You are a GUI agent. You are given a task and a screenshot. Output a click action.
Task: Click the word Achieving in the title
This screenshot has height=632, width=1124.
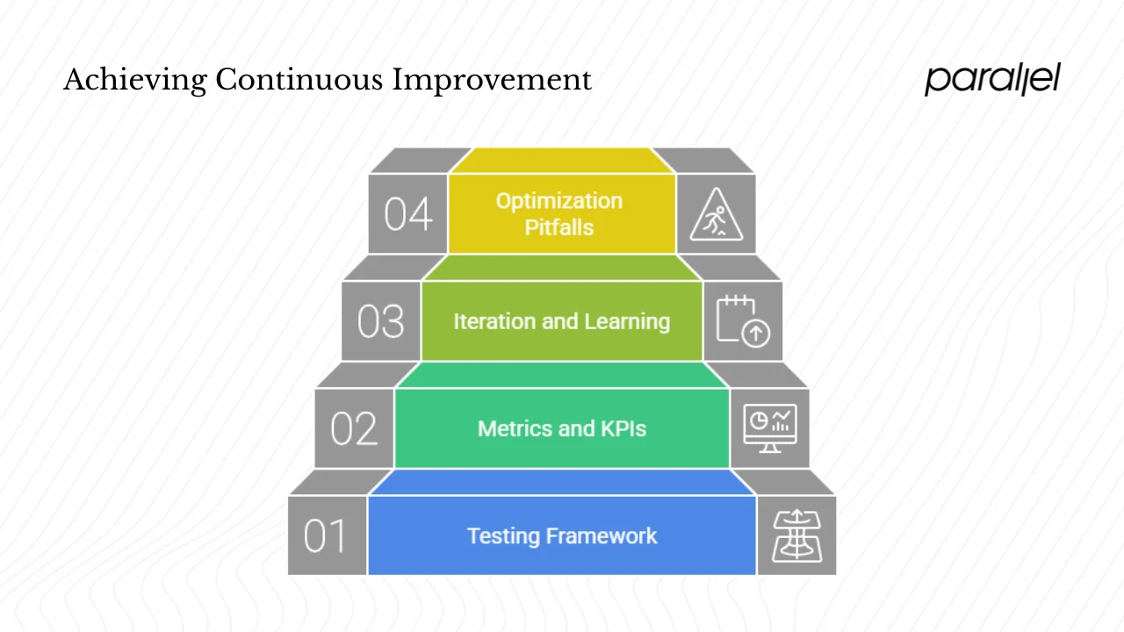[x=135, y=80]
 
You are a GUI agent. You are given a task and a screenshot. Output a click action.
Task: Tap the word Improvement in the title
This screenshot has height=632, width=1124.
[x=492, y=80]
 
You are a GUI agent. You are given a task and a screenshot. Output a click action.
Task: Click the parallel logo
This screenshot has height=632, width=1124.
[x=992, y=79]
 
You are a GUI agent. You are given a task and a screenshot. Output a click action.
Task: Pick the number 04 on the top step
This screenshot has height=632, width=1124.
[x=408, y=214]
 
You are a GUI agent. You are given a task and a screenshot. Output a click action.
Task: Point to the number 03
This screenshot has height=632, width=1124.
[x=381, y=321]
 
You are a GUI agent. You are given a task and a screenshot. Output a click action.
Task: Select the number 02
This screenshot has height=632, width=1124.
[x=354, y=428]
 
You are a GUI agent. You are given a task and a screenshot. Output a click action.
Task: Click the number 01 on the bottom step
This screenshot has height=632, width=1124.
[x=327, y=535]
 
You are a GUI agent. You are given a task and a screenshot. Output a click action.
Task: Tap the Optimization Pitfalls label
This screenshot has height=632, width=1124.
[x=559, y=214]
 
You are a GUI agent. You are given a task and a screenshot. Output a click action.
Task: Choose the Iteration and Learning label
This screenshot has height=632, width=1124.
[x=561, y=321]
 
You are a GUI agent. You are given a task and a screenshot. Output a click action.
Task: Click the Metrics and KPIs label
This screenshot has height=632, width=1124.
[x=562, y=428]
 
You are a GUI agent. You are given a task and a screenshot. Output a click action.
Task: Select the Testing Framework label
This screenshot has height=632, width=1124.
[x=562, y=535]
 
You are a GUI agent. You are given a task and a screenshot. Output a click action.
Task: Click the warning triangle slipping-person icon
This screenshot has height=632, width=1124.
[x=716, y=215]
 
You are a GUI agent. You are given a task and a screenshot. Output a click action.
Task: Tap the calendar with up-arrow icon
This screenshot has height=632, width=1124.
[x=743, y=321]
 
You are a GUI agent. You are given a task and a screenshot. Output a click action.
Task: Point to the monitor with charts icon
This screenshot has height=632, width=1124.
[x=770, y=428]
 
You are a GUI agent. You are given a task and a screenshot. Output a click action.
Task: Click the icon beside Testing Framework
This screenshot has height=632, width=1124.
[x=796, y=535]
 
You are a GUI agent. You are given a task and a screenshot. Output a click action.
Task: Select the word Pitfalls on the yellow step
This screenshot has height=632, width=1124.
[x=559, y=228]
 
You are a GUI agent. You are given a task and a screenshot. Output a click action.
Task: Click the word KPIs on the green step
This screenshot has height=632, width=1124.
[x=623, y=428]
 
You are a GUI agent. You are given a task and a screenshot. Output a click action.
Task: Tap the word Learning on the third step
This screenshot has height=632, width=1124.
[x=627, y=322]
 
